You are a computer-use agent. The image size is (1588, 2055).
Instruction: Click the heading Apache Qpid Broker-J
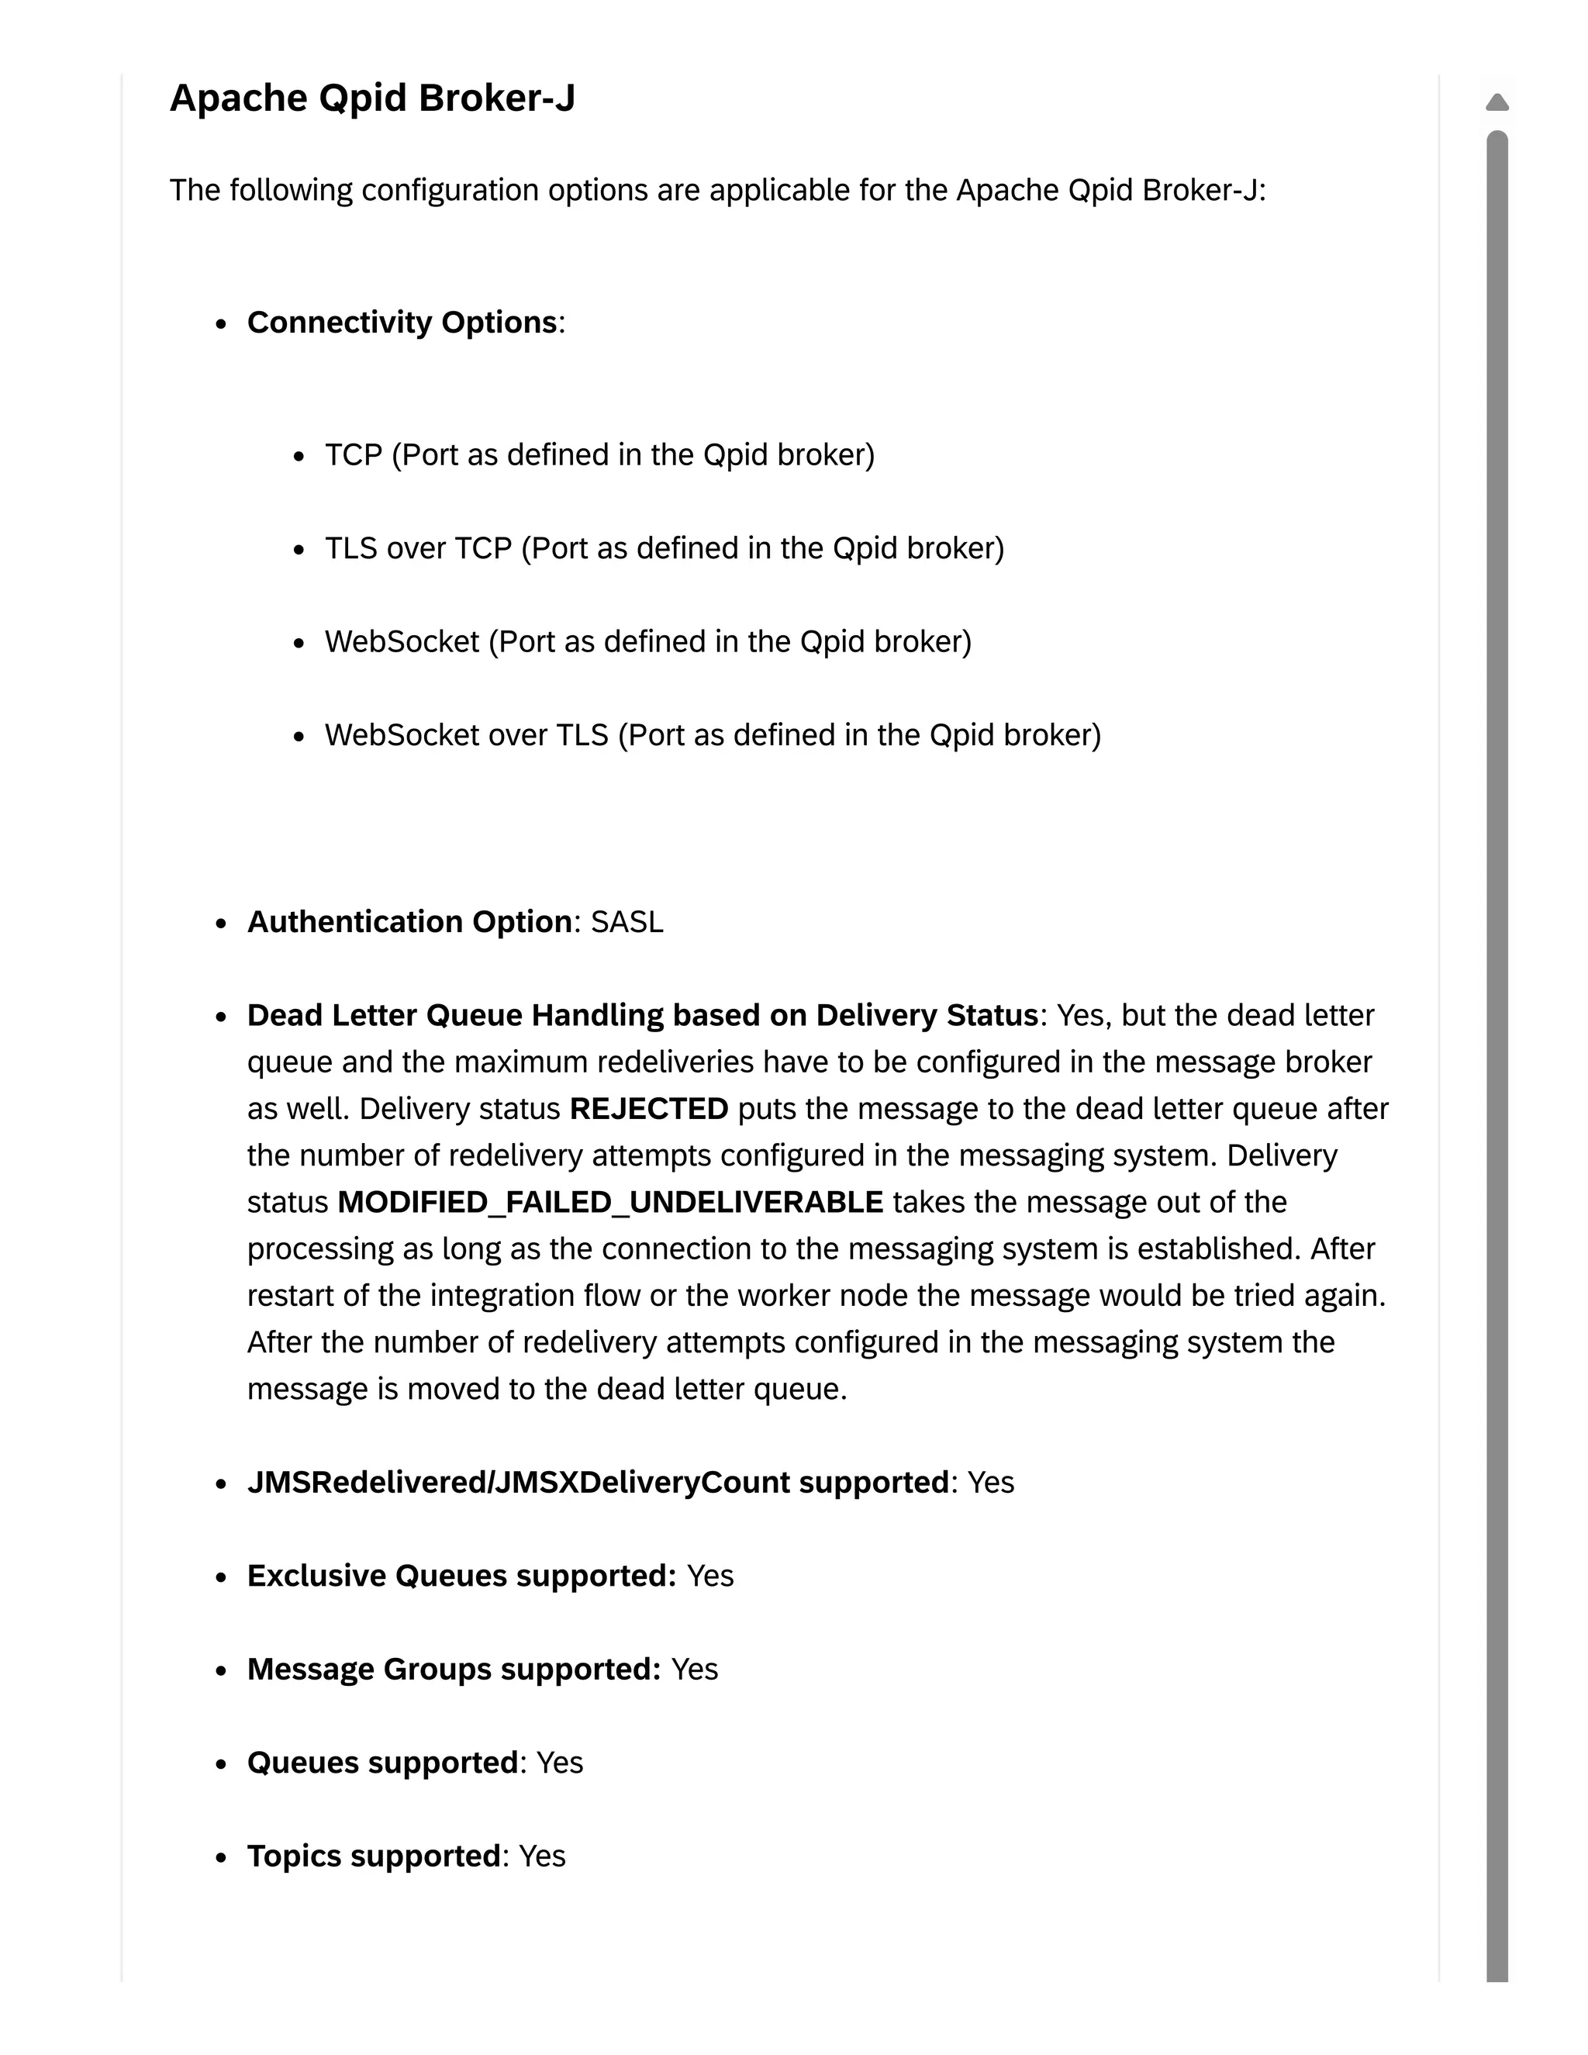point(371,98)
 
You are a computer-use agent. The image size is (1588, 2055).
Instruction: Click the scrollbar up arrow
point(1497,102)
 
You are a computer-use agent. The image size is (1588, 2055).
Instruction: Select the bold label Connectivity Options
point(402,323)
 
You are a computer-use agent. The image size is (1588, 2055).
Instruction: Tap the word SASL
point(627,922)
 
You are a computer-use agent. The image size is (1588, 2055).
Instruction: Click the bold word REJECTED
point(648,1108)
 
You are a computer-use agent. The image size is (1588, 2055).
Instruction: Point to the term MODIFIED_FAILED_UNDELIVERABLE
point(609,1203)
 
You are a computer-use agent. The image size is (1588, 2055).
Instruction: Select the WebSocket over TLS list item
point(712,735)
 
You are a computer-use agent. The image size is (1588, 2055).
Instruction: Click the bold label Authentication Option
point(409,922)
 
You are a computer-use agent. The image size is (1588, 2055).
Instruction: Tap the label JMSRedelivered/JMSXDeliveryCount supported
point(597,1483)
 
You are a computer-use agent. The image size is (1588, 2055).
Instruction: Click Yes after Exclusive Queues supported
point(710,1576)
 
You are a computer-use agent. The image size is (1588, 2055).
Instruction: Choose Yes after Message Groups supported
point(694,1670)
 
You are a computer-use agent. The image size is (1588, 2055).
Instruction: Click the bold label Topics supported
point(374,1856)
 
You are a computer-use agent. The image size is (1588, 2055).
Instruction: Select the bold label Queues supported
point(382,1763)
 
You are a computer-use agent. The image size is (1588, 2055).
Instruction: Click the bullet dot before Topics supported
point(221,1858)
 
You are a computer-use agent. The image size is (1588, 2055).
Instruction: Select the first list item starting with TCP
point(599,455)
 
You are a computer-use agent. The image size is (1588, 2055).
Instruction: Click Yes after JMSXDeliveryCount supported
point(991,1483)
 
